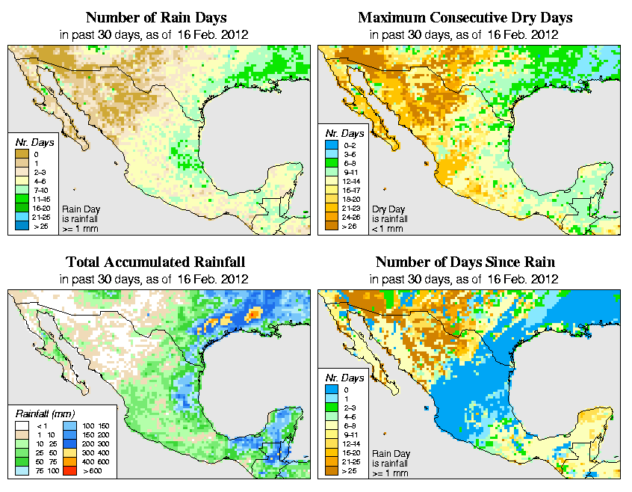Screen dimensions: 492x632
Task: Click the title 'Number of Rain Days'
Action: pos(155,17)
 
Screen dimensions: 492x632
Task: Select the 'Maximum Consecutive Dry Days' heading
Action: pos(465,17)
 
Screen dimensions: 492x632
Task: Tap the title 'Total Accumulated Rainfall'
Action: pos(155,262)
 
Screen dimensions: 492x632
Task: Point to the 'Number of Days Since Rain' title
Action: pos(465,262)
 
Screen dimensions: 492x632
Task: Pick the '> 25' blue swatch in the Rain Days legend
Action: pos(22,224)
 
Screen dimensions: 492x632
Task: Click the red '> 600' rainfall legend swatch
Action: pos(70,471)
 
